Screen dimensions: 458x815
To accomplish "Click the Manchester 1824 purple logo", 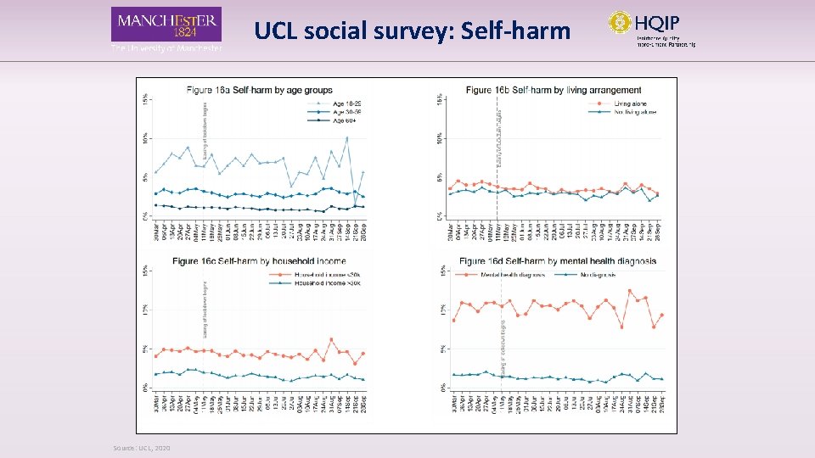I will (166, 25).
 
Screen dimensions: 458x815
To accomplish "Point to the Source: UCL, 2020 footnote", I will (142, 448).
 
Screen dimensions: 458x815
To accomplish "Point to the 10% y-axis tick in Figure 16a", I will (145, 137).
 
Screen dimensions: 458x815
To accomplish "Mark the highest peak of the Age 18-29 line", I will (346, 137).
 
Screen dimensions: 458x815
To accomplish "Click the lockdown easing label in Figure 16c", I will (205, 310).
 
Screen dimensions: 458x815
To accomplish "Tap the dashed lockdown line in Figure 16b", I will (497, 170).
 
